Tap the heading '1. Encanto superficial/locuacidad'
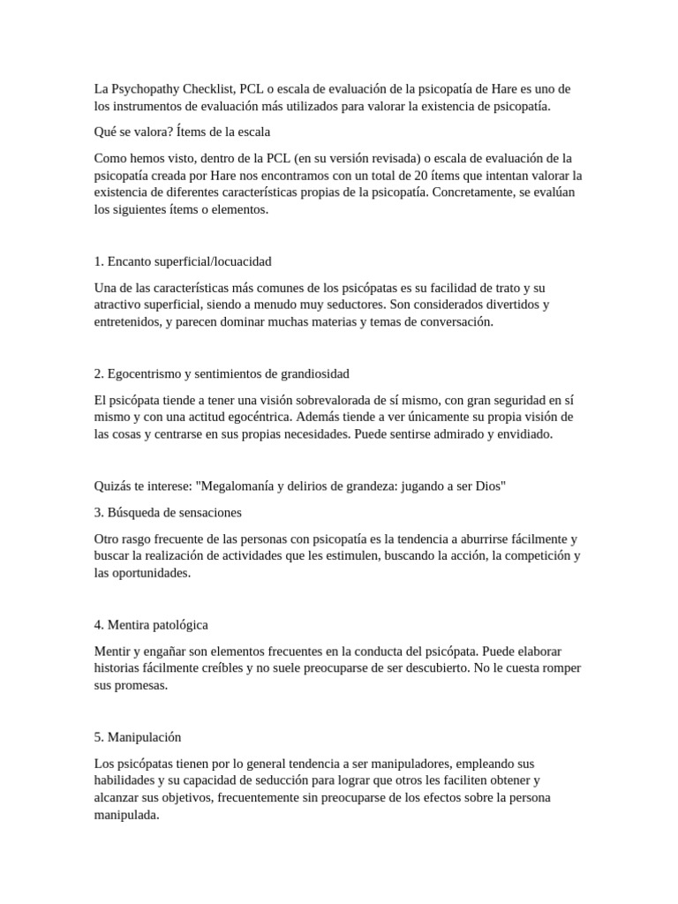182,261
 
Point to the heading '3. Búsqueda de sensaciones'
167,512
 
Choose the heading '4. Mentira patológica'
150,624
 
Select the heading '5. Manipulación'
137,736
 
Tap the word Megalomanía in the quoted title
244,486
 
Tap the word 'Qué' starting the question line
104,132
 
